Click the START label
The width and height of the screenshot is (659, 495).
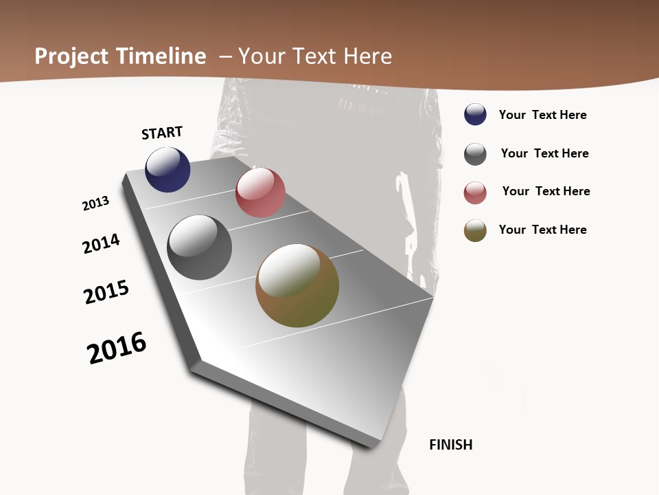tap(162, 133)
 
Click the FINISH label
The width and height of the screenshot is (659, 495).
tap(451, 445)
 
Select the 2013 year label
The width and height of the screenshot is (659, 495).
tap(96, 203)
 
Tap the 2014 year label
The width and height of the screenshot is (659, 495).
tap(102, 243)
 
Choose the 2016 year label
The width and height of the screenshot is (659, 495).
tap(117, 348)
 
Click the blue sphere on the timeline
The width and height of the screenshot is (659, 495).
tap(167, 169)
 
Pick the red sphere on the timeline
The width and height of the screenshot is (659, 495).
tap(260, 192)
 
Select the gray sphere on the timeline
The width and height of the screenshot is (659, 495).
tap(200, 247)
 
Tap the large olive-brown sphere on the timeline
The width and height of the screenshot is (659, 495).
tap(297, 285)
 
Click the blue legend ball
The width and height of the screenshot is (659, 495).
tap(475, 115)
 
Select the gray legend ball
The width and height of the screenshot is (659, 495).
tap(475, 154)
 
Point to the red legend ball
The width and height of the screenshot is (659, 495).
tap(475, 192)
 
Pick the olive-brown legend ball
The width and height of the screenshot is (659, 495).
tap(475, 230)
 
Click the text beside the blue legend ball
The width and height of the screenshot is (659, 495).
tap(543, 115)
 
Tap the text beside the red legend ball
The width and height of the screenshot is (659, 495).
tap(546, 191)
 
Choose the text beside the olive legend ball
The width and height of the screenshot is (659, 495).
tap(543, 230)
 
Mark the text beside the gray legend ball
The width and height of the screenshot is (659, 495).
tap(545, 153)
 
